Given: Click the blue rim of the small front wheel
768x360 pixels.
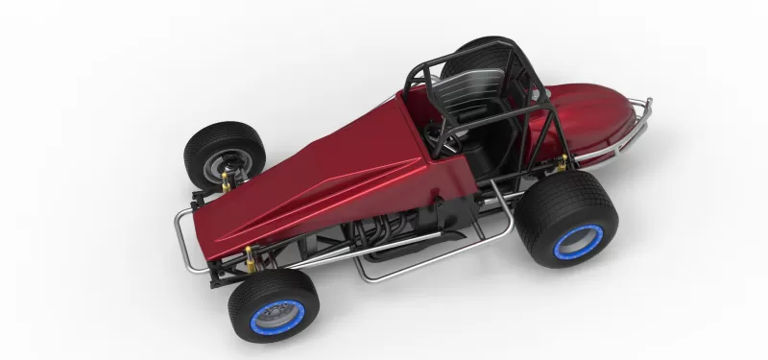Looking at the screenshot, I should [x=277, y=316].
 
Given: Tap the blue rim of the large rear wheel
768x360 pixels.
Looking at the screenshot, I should [x=578, y=242].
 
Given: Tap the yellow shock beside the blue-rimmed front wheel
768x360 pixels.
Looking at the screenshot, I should [x=252, y=256].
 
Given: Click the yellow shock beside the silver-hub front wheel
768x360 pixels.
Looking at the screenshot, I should [x=228, y=180].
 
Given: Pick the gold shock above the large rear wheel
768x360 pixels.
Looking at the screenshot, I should [x=561, y=163].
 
